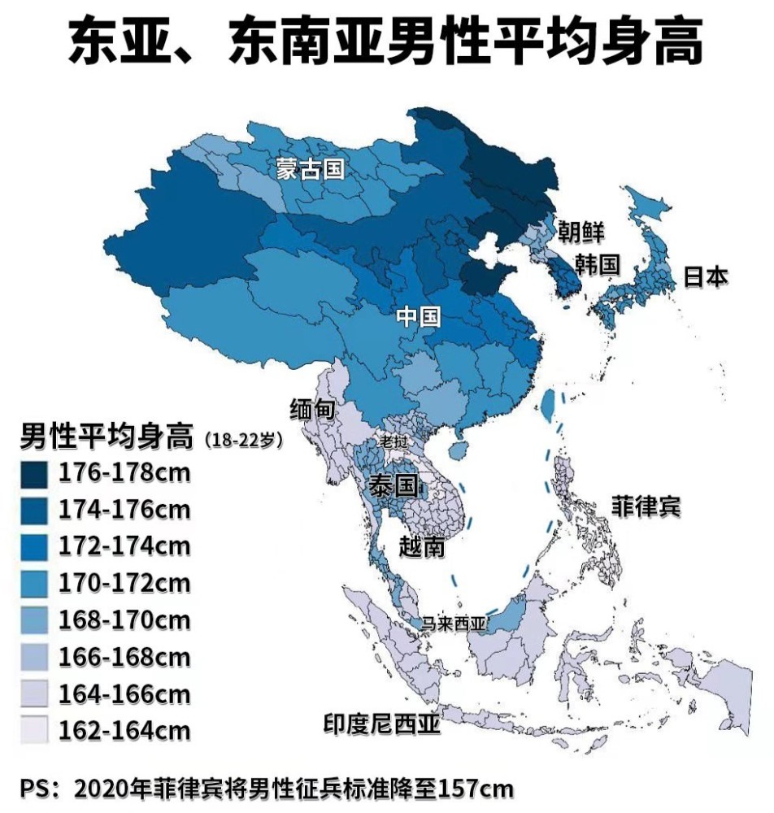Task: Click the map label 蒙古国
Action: pos(310,169)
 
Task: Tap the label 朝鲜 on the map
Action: pos(580,232)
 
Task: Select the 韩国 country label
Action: pos(598,264)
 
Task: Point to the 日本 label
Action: pos(705,276)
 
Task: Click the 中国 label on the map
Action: pos(419,316)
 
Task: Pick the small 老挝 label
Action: pos(394,441)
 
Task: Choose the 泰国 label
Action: pos(394,486)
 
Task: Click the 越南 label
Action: pos(423,546)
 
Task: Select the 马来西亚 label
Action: pos(452,624)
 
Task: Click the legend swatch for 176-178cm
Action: pos(35,472)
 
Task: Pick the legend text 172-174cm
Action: pos(124,546)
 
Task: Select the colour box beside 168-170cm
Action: pos(35,620)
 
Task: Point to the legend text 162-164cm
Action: pos(124,731)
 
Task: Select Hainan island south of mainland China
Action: pos(459,449)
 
